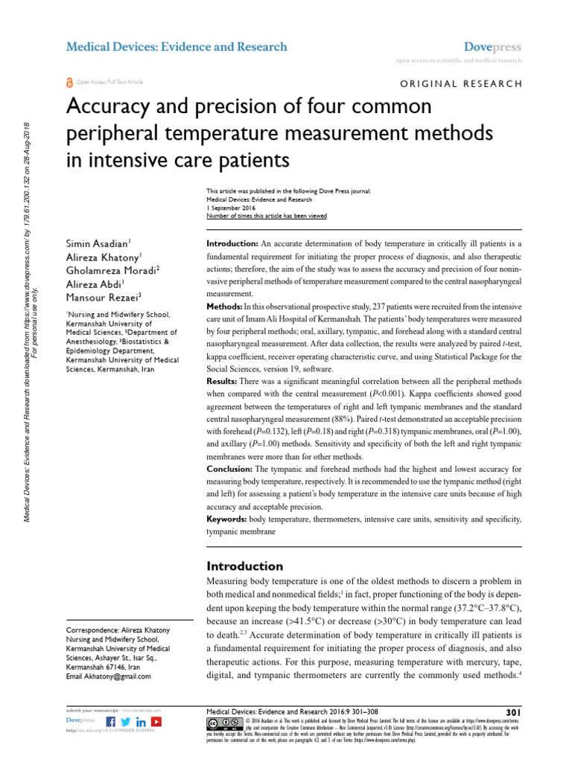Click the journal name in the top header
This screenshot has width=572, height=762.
(x=177, y=47)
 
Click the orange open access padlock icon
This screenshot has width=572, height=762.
(x=71, y=83)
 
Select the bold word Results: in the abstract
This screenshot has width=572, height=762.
(x=222, y=380)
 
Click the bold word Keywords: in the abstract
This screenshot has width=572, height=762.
(x=227, y=518)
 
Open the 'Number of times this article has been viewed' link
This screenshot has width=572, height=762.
(x=266, y=216)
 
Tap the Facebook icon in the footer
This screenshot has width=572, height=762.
(x=111, y=722)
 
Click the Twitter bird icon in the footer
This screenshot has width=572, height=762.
(x=126, y=722)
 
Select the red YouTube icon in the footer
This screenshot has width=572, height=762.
(x=156, y=722)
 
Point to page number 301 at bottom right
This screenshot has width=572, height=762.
(x=513, y=712)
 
